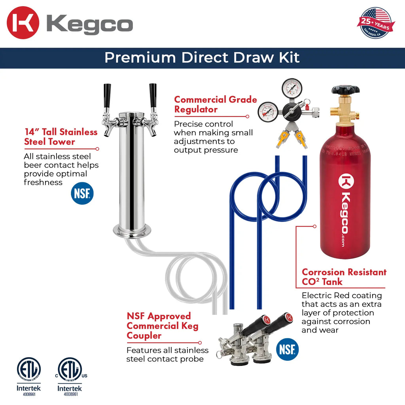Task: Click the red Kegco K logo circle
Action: point(23,23)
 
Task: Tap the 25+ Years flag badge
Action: point(375,23)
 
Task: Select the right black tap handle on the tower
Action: point(153,95)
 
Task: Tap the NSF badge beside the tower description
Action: point(82,193)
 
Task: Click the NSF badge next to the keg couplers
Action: point(287,350)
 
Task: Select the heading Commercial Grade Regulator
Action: point(216,104)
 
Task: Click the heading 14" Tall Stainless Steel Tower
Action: point(61,136)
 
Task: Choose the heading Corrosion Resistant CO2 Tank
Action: point(344,277)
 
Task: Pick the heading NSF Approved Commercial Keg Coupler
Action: point(162,326)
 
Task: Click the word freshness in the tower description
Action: point(43,182)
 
